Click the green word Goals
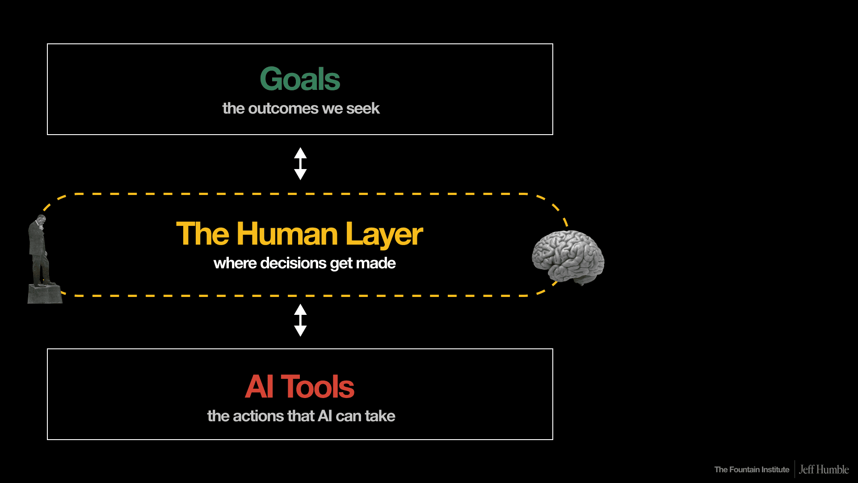300,79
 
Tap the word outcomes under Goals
283,108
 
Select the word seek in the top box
362,108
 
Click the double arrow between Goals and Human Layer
300,164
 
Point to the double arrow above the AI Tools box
300,320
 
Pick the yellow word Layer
383,235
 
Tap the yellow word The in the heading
202,234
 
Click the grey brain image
568,257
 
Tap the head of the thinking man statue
41,220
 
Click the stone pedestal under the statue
45,294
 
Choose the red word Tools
317,387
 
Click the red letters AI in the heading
259,387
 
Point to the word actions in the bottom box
259,416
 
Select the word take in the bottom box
380,416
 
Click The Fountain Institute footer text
752,470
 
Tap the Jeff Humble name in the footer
824,470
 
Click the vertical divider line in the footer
795,469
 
